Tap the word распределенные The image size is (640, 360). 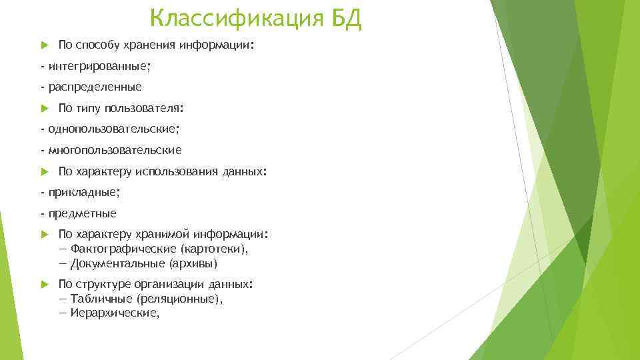(95, 87)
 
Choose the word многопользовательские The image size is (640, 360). (114, 150)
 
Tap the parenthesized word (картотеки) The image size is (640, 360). (214, 249)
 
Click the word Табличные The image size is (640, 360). (101, 299)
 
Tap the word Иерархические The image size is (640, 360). (115, 313)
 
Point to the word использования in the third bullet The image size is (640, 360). (176, 171)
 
